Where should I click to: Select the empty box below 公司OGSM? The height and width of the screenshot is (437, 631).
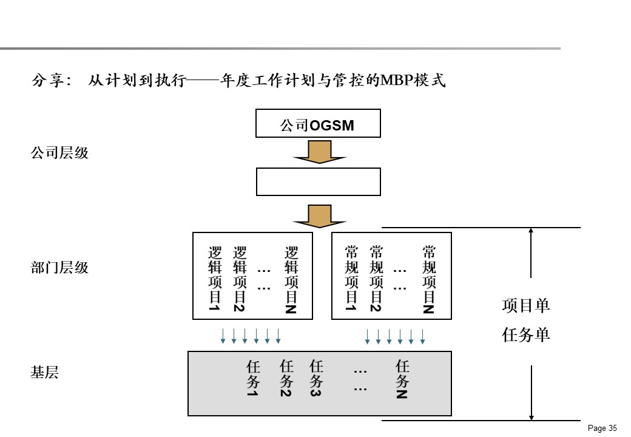pos(318,181)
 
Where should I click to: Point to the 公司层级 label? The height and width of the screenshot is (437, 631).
pos(59,153)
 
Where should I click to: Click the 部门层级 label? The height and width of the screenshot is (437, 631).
pos(59,268)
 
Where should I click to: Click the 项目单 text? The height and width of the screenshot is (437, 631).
pos(525,306)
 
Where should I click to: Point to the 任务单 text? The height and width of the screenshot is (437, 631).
pos(525,335)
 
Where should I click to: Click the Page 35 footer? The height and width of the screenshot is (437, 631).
pos(602,429)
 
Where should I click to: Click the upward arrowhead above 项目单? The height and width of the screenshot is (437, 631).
pos(531,231)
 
